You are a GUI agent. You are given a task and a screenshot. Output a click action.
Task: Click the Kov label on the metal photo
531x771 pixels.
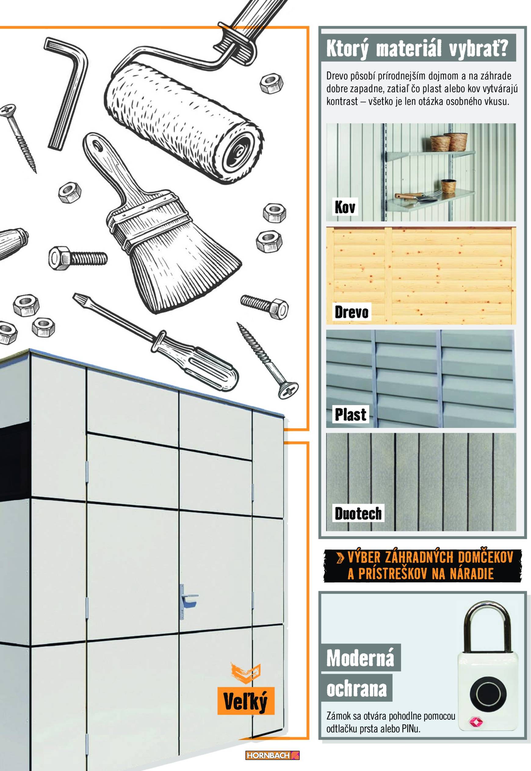coord(345,207)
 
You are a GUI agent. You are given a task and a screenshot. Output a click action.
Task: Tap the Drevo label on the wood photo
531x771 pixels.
coord(351,312)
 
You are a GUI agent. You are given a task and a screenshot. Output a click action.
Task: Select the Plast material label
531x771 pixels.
coord(350,414)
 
